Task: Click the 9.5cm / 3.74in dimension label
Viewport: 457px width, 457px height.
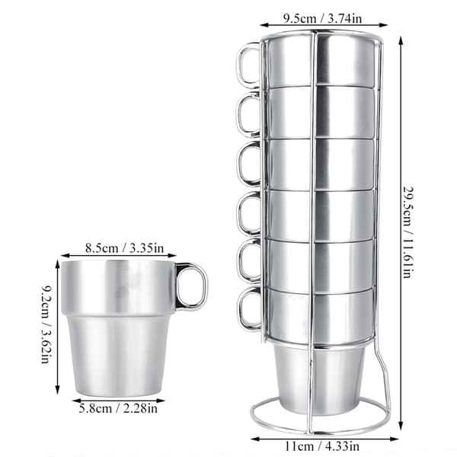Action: pos(322,18)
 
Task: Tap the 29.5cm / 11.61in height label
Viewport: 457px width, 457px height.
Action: pos(408,232)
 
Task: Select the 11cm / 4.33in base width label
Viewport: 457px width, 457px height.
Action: pos(321,446)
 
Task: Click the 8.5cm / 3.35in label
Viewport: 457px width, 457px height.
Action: pos(124,248)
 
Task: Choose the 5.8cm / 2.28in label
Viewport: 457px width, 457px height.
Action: pos(118,408)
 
